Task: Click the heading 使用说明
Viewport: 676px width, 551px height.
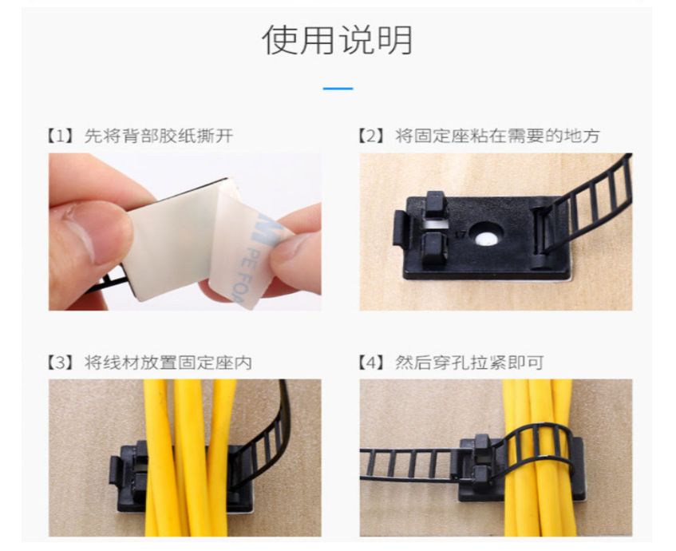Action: pyautogui.click(x=337, y=40)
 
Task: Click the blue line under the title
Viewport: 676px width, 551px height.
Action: pyautogui.click(x=338, y=89)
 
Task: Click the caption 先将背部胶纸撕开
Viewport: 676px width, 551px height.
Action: pyautogui.click(x=159, y=136)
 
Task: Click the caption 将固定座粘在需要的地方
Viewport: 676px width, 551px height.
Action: pyautogui.click(x=497, y=136)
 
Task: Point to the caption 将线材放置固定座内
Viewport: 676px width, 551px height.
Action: pyautogui.click(x=168, y=363)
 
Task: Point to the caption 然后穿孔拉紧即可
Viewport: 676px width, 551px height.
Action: pyautogui.click(x=469, y=363)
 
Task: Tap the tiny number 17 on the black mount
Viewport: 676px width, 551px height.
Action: pyautogui.click(x=461, y=235)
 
